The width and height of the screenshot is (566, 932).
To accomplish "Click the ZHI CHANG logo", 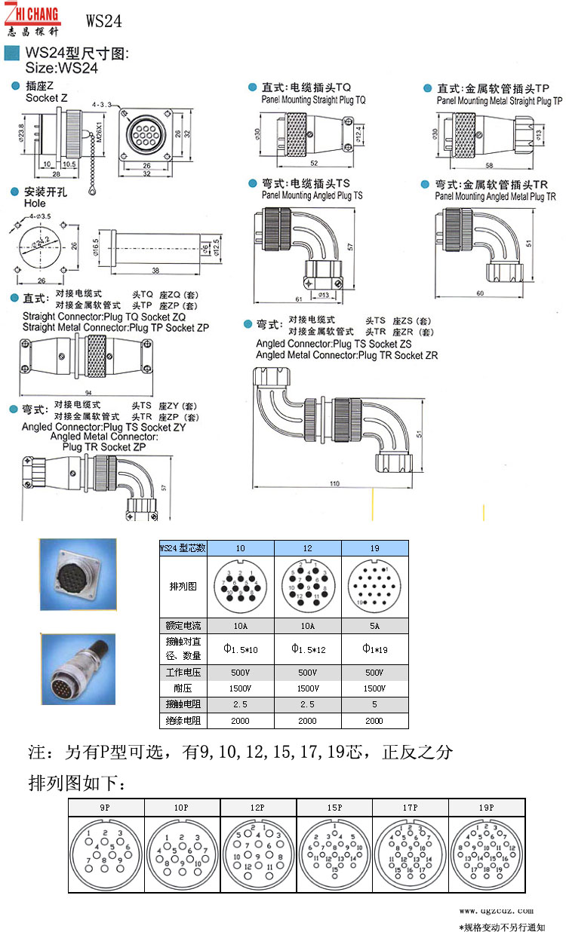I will pyautogui.click(x=34, y=18).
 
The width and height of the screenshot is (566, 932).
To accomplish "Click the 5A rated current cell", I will pyautogui.click(x=375, y=625).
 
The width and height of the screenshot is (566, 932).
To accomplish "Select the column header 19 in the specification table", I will pyautogui.click(x=375, y=548).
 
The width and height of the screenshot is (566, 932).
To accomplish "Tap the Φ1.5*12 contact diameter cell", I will pyautogui.click(x=307, y=649).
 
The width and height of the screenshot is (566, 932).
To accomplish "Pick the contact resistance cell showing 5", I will pyautogui.click(x=375, y=704).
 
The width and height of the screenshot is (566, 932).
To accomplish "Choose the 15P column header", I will pyautogui.click(x=334, y=808).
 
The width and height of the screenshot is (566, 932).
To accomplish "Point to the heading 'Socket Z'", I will pyautogui.click(x=47, y=98).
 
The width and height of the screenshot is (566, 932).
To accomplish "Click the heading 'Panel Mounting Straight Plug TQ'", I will pyautogui.click(x=313, y=100).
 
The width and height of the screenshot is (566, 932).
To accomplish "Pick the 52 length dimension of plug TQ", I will pyautogui.click(x=313, y=163).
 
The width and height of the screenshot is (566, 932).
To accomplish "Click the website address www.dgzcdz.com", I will pyautogui.click(x=496, y=910).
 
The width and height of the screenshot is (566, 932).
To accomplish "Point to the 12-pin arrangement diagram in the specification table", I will pyautogui.click(x=307, y=586).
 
